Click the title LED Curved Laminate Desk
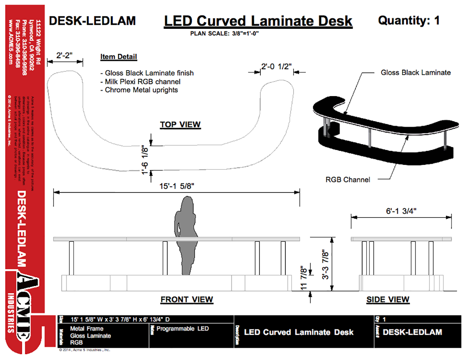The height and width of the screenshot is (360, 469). (258, 21)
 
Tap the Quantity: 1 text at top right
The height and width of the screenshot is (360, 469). (408, 20)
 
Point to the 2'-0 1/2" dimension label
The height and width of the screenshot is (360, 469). (276, 66)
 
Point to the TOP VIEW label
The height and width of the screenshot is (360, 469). (180, 124)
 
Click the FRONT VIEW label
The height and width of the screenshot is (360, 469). (187, 299)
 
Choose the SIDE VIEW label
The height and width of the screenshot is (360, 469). (388, 299)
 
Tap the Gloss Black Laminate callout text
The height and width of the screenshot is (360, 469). (416, 73)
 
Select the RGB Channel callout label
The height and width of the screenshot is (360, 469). (348, 180)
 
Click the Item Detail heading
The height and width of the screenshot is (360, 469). (119, 57)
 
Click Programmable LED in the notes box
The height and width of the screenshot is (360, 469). (183, 329)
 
